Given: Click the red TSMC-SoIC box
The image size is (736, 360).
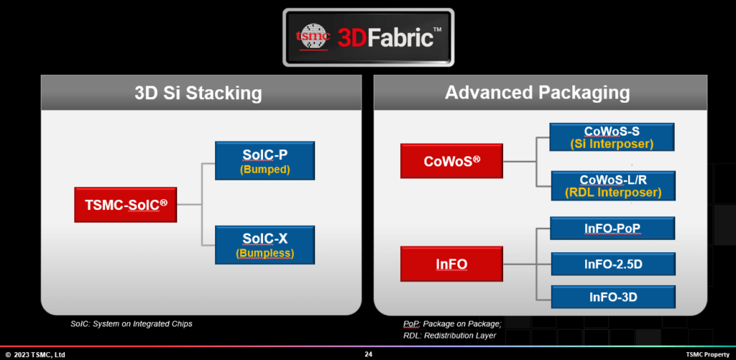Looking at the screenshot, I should [x=125, y=204].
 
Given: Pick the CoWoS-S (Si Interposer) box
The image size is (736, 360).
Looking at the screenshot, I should [x=611, y=137].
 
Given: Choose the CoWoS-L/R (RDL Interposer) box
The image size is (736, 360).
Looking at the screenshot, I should [x=611, y=185].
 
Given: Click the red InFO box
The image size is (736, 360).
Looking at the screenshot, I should [x=451, y=264].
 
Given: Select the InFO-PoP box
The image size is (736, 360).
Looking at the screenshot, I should [x=612, y=229].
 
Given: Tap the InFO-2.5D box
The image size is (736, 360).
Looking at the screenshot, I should [x=612, y=264].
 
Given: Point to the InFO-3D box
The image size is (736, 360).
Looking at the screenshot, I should [x=612, y=296].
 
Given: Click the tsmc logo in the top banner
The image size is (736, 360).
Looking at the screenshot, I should [x=313, y=37].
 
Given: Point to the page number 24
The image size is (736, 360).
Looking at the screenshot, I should [x=368, y=354].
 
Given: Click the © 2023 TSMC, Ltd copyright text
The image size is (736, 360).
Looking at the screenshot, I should [x=35, y=354].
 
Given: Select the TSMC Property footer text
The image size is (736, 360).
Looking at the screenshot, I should [x=707, y=354].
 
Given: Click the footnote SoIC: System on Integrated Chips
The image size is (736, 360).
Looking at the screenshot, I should [x=132, y=324].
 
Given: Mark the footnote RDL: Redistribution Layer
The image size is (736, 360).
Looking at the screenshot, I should [x=449, y=335].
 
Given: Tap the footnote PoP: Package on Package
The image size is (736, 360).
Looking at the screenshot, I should [x=452, y=324].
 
